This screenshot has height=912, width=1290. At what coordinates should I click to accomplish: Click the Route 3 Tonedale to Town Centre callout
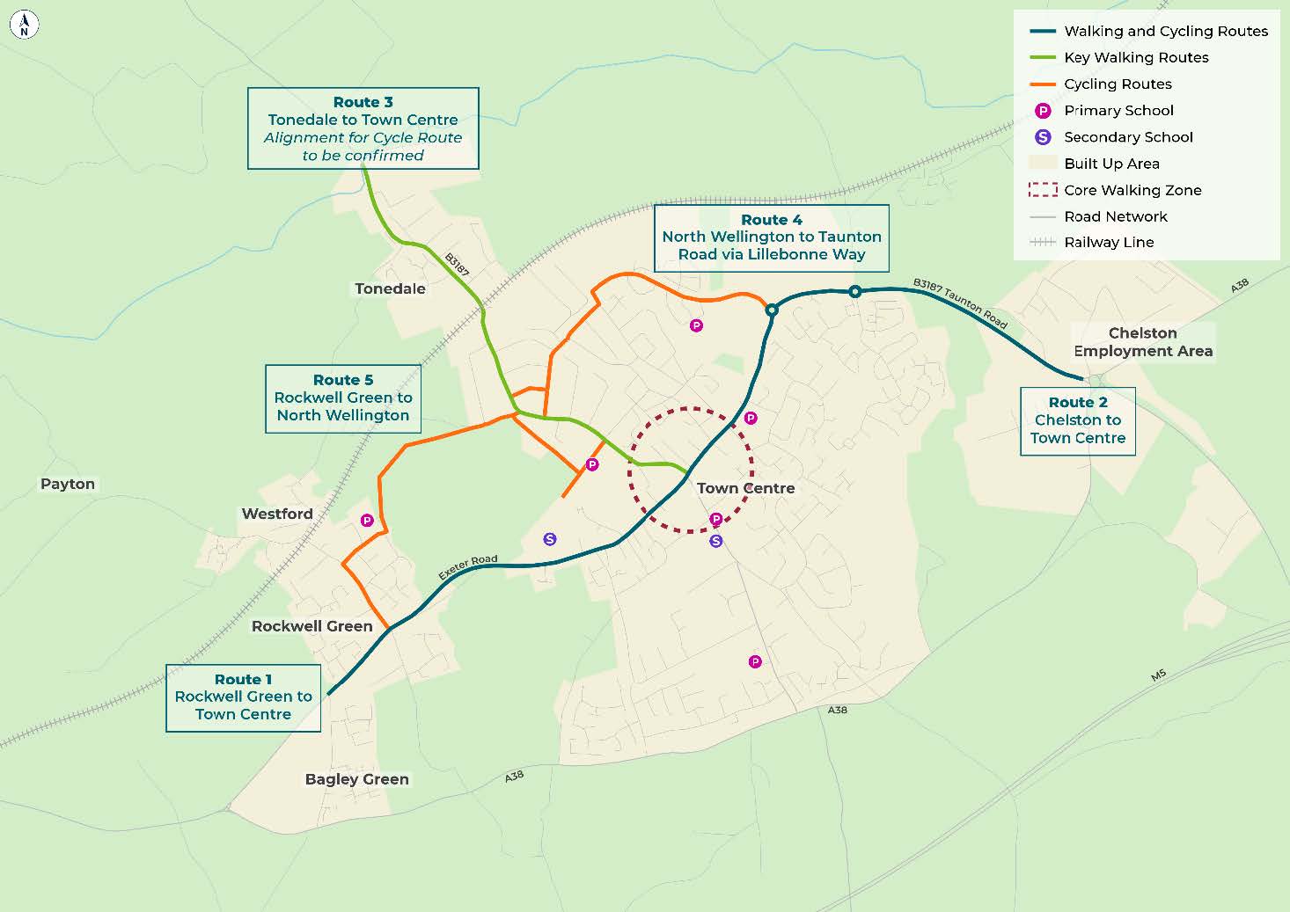tap(363, 128)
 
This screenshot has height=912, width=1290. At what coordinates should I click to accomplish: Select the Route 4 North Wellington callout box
tap(771, 237)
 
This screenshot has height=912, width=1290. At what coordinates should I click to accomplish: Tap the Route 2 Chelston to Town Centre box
tap(1077, 420)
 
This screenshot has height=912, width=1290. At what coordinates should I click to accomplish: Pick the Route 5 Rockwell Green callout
tap(342, 398)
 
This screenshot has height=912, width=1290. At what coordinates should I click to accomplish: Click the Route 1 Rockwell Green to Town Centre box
tap(243, 697)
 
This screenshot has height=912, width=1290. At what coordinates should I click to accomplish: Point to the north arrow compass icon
tap(24, 25)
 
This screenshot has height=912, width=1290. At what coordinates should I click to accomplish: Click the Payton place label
tap(68, 485)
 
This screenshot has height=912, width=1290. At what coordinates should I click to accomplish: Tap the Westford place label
tap(277, 514)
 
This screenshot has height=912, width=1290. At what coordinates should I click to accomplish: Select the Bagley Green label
tap(356, 779)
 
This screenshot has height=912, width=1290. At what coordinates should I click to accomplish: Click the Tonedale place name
tap(390, 288)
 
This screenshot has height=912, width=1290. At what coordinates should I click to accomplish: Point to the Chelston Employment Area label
tap(1142, 342)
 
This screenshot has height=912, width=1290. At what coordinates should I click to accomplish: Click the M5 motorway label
tap(1158, 675)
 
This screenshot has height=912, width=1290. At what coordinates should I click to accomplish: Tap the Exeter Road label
tap(468, 567)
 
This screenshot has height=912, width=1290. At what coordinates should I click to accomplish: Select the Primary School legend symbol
tap(1043, 111)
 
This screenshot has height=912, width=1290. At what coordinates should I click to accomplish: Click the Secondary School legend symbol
tap(1043, 137)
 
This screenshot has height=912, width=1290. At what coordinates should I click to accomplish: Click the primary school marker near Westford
tap(367, 521)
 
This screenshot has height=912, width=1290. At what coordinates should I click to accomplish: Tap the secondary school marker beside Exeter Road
tap(550, 539)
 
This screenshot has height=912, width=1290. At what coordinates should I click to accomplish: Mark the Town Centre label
tap(745, 488)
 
